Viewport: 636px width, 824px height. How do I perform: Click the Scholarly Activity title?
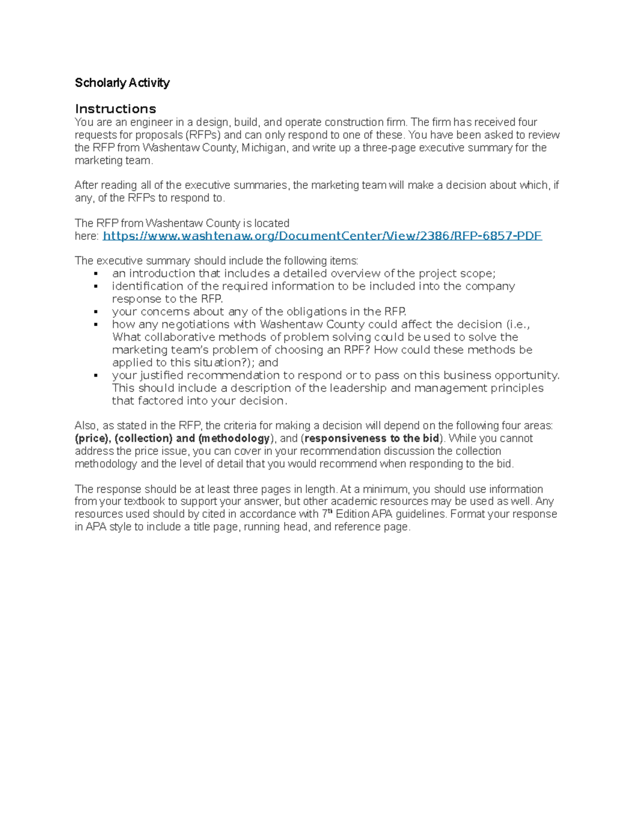122,83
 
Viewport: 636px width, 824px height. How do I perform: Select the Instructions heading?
116,109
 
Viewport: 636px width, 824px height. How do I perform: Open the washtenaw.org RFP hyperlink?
322,236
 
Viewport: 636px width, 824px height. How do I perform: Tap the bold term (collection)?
144,438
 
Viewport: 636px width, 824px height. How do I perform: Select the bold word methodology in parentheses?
236,438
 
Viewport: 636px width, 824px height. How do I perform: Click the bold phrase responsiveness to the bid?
372,438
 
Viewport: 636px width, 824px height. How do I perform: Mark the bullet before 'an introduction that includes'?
96,274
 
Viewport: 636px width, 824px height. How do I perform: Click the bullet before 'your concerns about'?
96,312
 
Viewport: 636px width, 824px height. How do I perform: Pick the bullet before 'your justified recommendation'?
96,376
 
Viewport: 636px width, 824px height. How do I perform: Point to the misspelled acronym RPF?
357,350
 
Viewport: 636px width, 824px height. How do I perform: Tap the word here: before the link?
86,236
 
